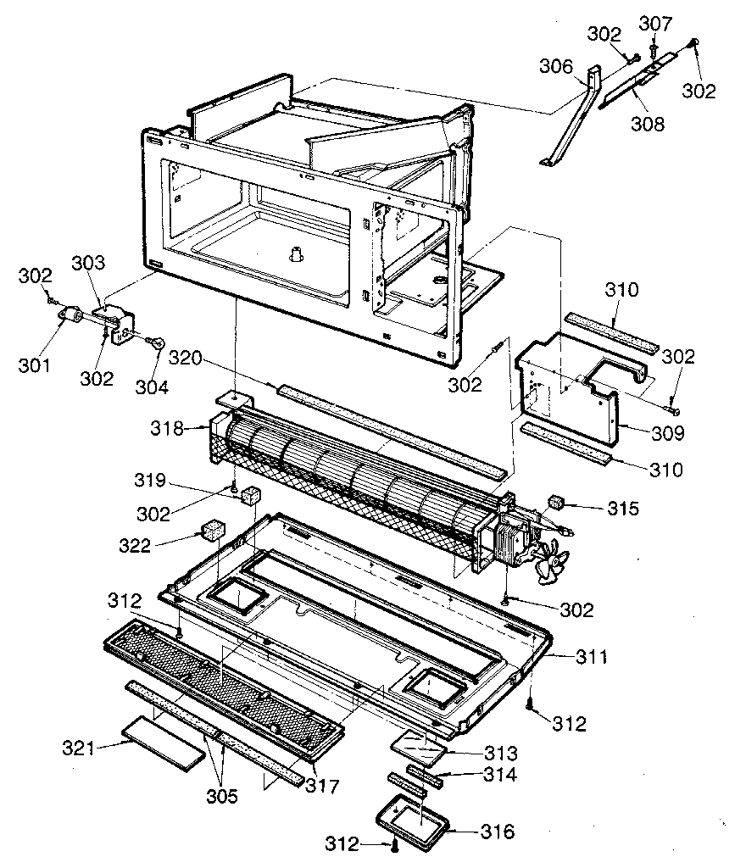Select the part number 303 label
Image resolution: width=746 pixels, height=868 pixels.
88,263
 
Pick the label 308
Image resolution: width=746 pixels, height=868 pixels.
649,124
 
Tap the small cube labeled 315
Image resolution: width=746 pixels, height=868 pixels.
556,503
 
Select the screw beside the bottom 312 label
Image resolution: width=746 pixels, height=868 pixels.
395,845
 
